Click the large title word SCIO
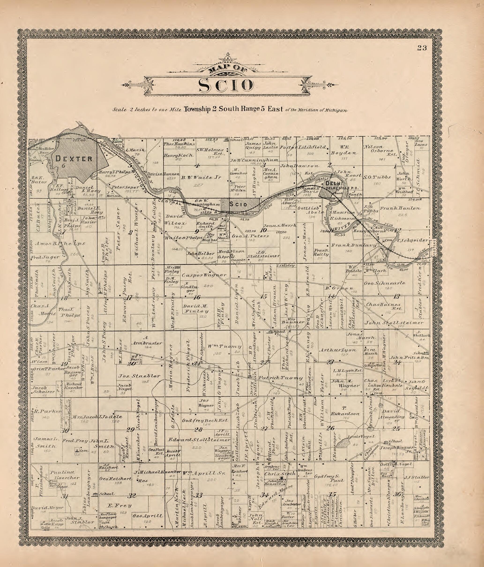click(226, 85)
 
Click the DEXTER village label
click(74, 158)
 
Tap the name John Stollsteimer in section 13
click(394, 323)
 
